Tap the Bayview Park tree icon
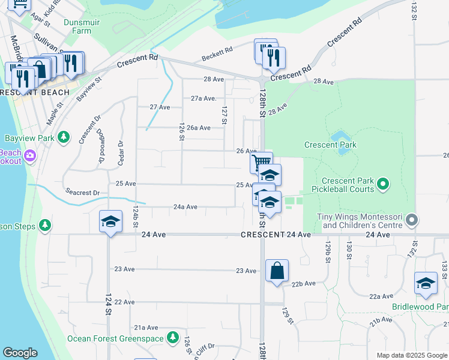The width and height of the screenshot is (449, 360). (64, 138)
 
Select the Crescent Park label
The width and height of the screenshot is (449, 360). (330, 145)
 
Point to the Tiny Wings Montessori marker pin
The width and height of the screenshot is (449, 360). (411, 220)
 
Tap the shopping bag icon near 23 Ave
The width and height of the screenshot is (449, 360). (277, 271)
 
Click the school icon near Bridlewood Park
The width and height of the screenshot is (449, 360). (426, 283)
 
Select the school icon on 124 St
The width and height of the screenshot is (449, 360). (110, 222)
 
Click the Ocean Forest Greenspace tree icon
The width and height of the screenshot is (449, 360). (173, 338)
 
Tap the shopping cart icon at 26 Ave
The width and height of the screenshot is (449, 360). (261, 162)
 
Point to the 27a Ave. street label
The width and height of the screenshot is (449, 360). (203, 98)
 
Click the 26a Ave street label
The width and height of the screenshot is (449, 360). (198, 128)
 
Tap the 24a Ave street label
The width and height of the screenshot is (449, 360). (185, 207)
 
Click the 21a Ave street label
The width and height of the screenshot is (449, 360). (145, 328)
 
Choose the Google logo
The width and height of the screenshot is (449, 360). (20, 353)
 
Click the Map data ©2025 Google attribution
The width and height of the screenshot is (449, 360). (411, 355)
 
